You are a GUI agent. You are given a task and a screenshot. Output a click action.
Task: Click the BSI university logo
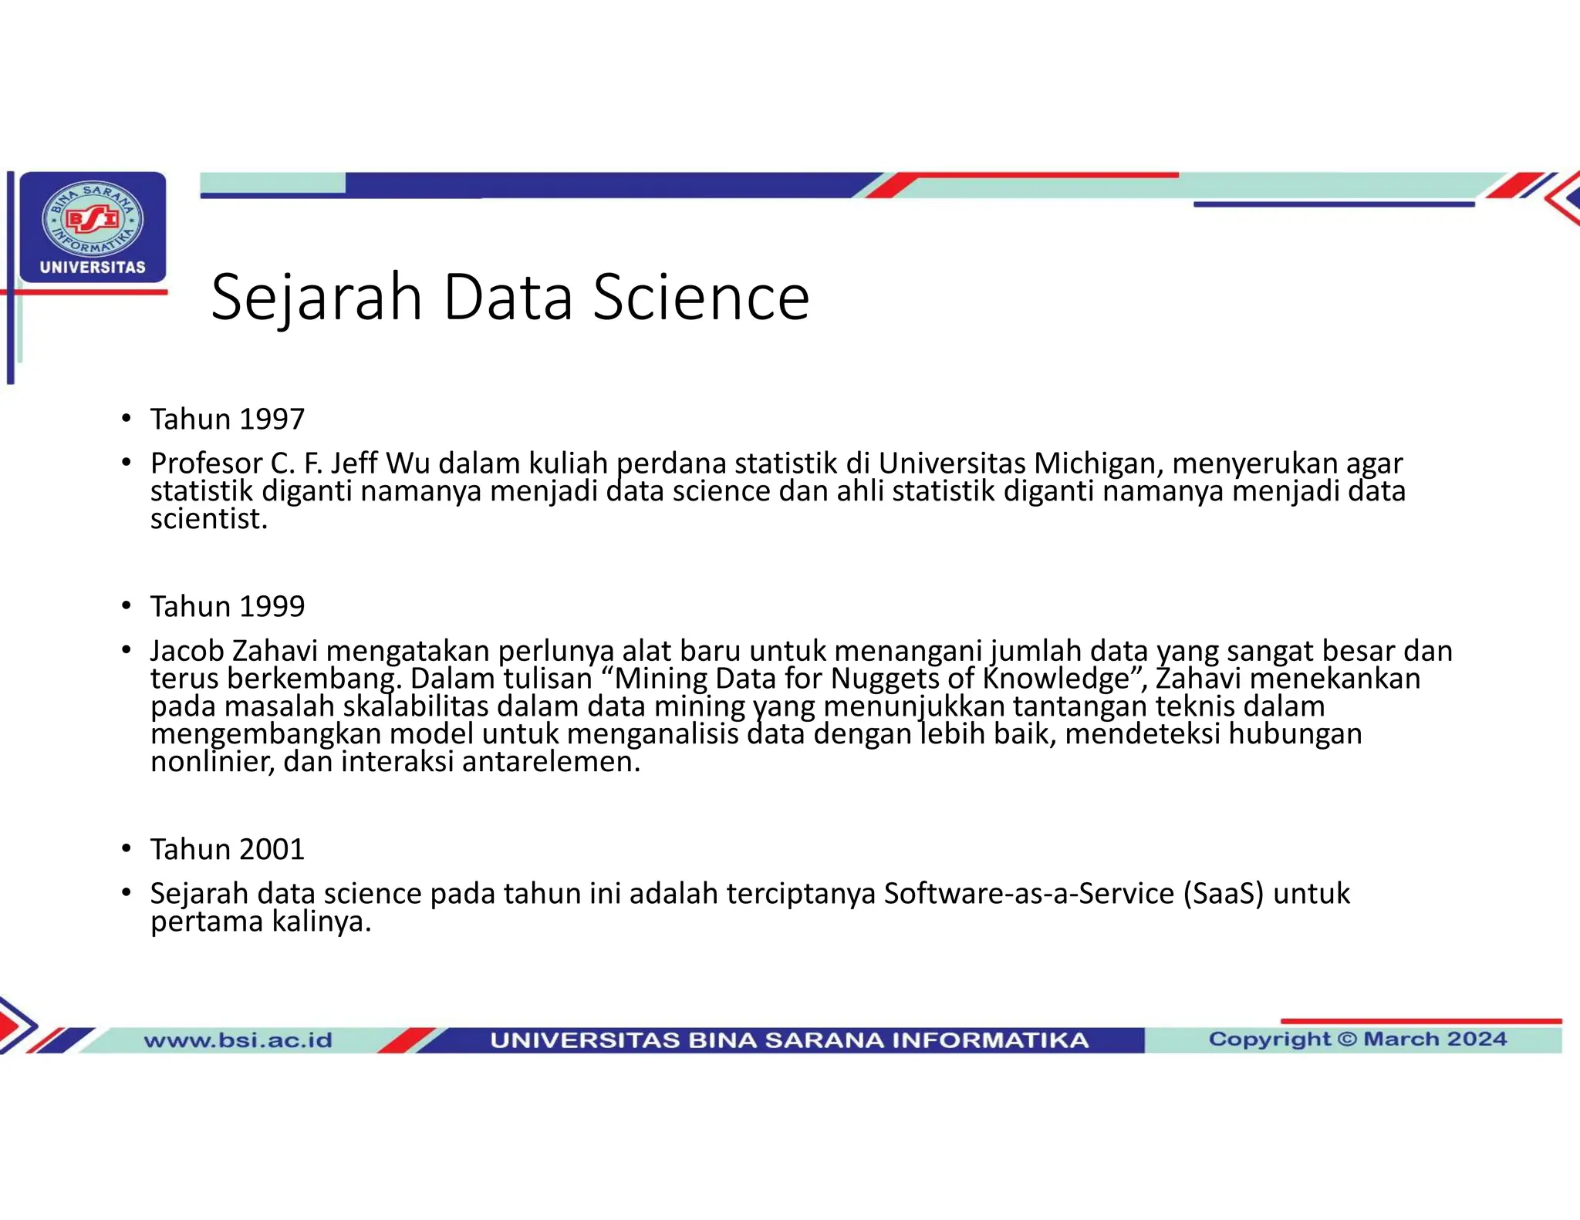point(93,226)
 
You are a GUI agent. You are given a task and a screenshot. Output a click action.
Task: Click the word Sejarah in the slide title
point(316,298)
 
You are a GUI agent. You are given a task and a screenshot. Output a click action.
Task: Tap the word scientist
point(208,519)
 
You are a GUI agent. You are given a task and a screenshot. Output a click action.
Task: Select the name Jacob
point(187,651)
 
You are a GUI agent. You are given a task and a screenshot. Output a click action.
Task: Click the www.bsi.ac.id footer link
point(238,1040)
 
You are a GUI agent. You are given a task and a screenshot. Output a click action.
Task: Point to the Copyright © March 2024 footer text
point(1357,1039)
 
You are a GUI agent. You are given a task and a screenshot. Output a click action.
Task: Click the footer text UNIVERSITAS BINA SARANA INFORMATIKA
point(788,1040)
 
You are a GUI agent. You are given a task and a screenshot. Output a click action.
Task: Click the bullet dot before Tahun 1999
point(126,606)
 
